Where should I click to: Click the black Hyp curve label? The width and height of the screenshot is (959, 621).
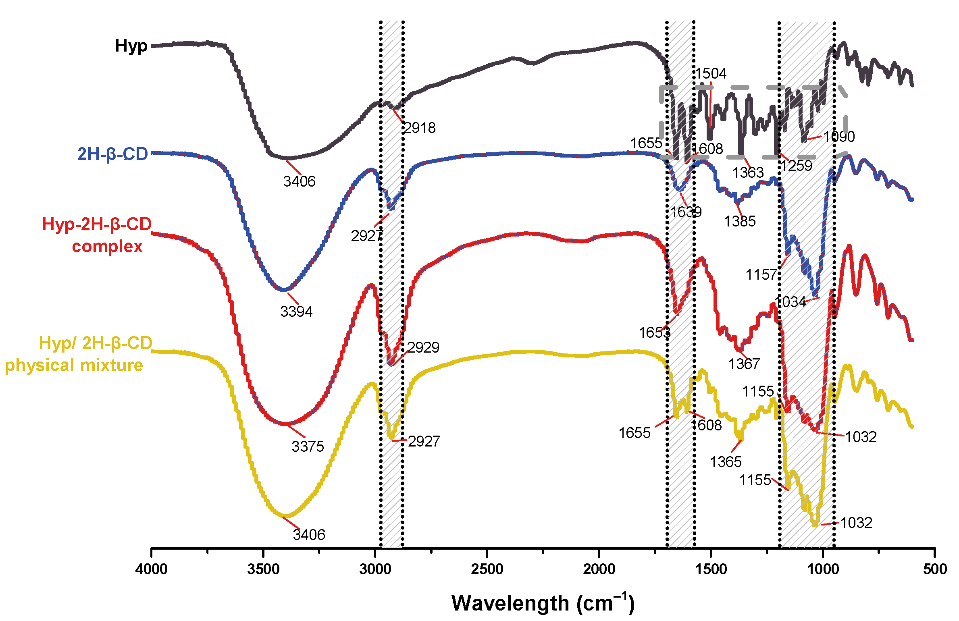[131, 46]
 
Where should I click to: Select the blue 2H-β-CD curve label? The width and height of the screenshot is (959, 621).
[112, 154]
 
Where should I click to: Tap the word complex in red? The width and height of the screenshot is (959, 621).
[107, 246]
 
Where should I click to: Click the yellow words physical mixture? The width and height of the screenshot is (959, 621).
[74, 365]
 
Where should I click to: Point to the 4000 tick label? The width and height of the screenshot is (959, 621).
[151, 569]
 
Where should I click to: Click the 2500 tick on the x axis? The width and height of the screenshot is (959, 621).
[487, 569]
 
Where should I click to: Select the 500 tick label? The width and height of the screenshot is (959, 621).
[935, 569]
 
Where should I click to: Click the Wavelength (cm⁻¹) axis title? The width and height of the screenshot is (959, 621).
[543, 603]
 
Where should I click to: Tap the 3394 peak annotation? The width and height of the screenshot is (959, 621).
[296, 312]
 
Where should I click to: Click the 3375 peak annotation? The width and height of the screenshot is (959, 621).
[308, 447]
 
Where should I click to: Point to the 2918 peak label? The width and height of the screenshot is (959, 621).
[420, 128]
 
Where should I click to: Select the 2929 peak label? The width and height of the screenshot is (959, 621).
[423, 347]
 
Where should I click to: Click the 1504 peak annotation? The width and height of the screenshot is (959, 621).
[710, 73]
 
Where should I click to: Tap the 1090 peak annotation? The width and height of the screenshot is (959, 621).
[838, 137]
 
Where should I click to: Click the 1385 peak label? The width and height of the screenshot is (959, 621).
[739, 221]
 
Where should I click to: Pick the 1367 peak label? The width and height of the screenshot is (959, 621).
[743, 364]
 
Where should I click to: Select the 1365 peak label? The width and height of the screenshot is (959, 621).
[725, 462]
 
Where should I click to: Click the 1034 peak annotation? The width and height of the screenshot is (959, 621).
[790, 301]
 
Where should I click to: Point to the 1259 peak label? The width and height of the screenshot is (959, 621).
[796, 166]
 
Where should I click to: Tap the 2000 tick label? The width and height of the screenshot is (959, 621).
[599, 569]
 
